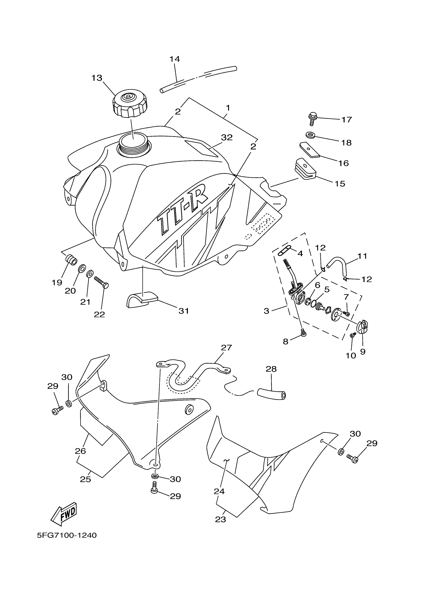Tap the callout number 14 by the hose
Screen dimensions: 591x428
click(174, 59)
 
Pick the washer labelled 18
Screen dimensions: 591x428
click(310, 135)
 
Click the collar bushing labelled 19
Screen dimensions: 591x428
click(71, 260)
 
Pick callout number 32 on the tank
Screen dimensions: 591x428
click(227, 137)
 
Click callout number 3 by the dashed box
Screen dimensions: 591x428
click(266, 311)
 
